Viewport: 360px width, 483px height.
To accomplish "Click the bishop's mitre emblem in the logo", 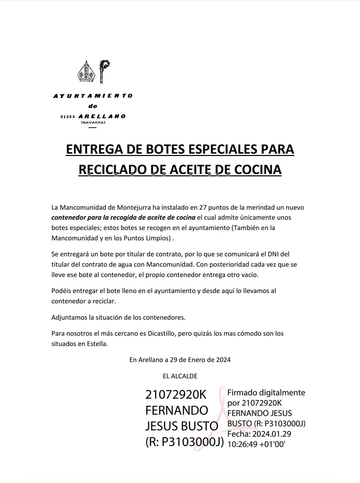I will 87,72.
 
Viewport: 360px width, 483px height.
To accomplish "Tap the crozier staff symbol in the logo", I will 104,71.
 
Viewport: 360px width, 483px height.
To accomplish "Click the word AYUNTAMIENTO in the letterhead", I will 93,96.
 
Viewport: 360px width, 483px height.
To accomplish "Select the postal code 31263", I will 68,117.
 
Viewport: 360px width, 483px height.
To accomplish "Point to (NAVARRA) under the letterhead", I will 93,123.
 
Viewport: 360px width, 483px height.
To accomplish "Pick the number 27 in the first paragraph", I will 203,207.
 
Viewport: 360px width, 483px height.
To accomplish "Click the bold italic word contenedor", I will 68,218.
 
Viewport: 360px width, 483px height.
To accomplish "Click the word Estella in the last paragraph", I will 97,344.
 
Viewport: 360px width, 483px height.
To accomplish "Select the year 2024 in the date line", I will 223,360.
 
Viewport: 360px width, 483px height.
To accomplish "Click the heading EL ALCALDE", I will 180,376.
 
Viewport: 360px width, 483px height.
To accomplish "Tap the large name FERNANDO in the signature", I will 177,410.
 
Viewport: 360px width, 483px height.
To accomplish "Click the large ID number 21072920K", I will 176,395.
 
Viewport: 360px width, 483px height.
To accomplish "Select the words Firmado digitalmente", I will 266,393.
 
